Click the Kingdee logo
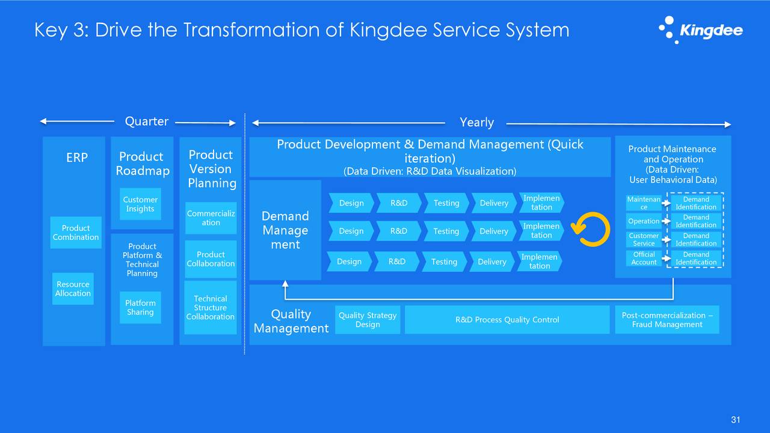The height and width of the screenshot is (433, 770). pyautogui.click(x=700, y=30)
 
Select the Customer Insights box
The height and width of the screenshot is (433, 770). pyautogui.click(x=140, y=204)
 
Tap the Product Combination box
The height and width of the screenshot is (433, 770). pyautogui.click(x=76, y=233)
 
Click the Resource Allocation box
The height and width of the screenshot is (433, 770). pyautogui.click(x=73, y=289)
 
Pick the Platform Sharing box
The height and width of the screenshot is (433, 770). pyautogui.click(x=140, y=308)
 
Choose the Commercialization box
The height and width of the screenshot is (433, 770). pyautogui.click(x=211, y=218)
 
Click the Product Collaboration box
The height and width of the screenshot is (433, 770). pyautogui.click(x=211, y=259)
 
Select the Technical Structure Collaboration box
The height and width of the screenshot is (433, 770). pyautogui.click(x=211, y=308)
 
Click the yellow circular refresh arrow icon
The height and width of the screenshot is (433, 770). pyautogui.click(x=586, y=229)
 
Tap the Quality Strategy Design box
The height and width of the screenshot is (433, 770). pyautogui.click(x=368, y=320)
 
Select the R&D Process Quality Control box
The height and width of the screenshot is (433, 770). pyautogui.click(x=507, y=320)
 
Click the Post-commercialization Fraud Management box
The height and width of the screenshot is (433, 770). pyautogui.click(x=667, y=320)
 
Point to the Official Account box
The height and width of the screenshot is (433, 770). pyautogui.click(x=644, y=259)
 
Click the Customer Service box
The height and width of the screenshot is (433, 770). pyautogui.click(x=644, y=240)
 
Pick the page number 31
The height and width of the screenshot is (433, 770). pyautogui.click(x=735, y=420)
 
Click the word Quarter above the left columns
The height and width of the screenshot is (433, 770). pyautogui.click(x=146, y=121)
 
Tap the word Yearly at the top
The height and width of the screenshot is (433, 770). pyautogui.click(x=476, y=123)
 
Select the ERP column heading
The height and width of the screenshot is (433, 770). pyautogui.click(x=77, y=158)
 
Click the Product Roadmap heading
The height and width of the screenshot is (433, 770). pyautogui.click(x=143, y=164)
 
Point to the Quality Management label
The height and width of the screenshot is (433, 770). pyautogui.click(x=291, y=321)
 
